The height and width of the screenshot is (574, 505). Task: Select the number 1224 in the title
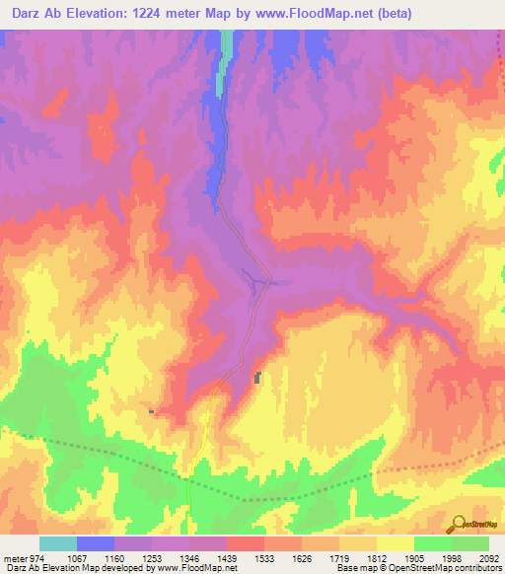click(x=156, y=13)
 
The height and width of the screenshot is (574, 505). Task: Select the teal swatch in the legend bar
click(x=58, y=543)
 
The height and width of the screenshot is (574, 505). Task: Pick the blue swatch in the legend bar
click(x=96, y=543)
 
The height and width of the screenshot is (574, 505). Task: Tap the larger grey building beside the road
click(x=258, y=378)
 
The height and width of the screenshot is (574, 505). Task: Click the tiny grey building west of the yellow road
click(x=151, y=411)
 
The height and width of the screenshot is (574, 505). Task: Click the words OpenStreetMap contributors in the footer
click(x=448, y=569)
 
